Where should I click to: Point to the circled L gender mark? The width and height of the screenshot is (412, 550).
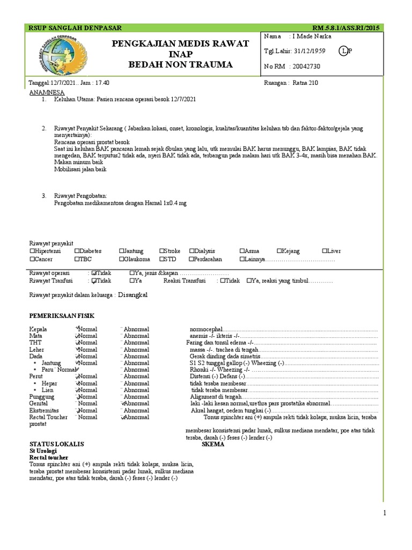[343, 51]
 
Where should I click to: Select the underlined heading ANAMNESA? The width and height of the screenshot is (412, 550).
[47, 92]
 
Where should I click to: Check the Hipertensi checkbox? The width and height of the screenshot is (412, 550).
[33, 251]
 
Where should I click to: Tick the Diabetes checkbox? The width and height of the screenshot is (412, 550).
[78, 251]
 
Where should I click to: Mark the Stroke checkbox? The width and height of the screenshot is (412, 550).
[162, 251]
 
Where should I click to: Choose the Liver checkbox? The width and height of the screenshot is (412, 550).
[325, 251]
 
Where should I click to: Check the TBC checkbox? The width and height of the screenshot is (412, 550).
[78, 259]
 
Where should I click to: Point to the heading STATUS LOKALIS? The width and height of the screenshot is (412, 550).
[56, 445]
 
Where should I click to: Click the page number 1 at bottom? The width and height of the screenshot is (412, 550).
[385, 513]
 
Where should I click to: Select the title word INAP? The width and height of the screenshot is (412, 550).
[180, 54]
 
